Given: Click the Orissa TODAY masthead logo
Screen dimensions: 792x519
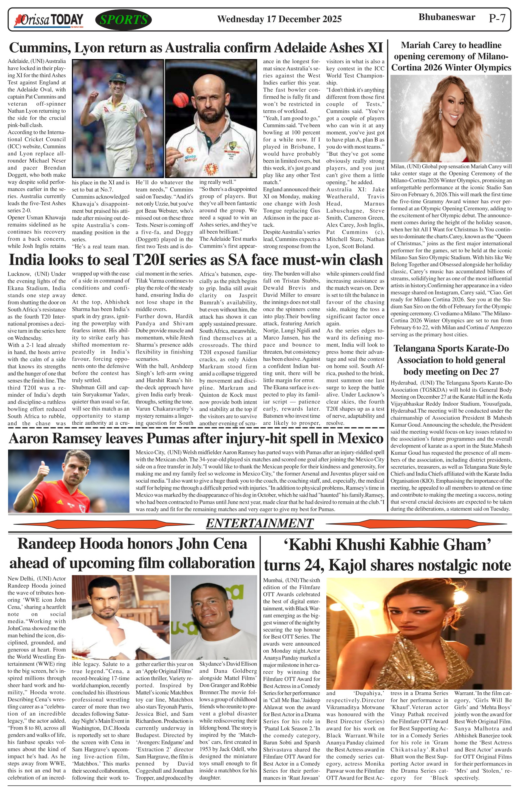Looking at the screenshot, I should click(48, 20).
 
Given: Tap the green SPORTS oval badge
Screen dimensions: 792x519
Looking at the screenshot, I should click(123, 20).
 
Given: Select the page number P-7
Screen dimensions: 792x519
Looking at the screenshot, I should click(497, 18).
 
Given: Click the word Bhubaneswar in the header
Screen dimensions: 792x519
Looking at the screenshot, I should click(447, 17).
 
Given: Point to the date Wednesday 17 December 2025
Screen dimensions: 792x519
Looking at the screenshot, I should click(279, 19).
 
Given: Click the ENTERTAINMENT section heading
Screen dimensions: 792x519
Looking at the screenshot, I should click(259, 523).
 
